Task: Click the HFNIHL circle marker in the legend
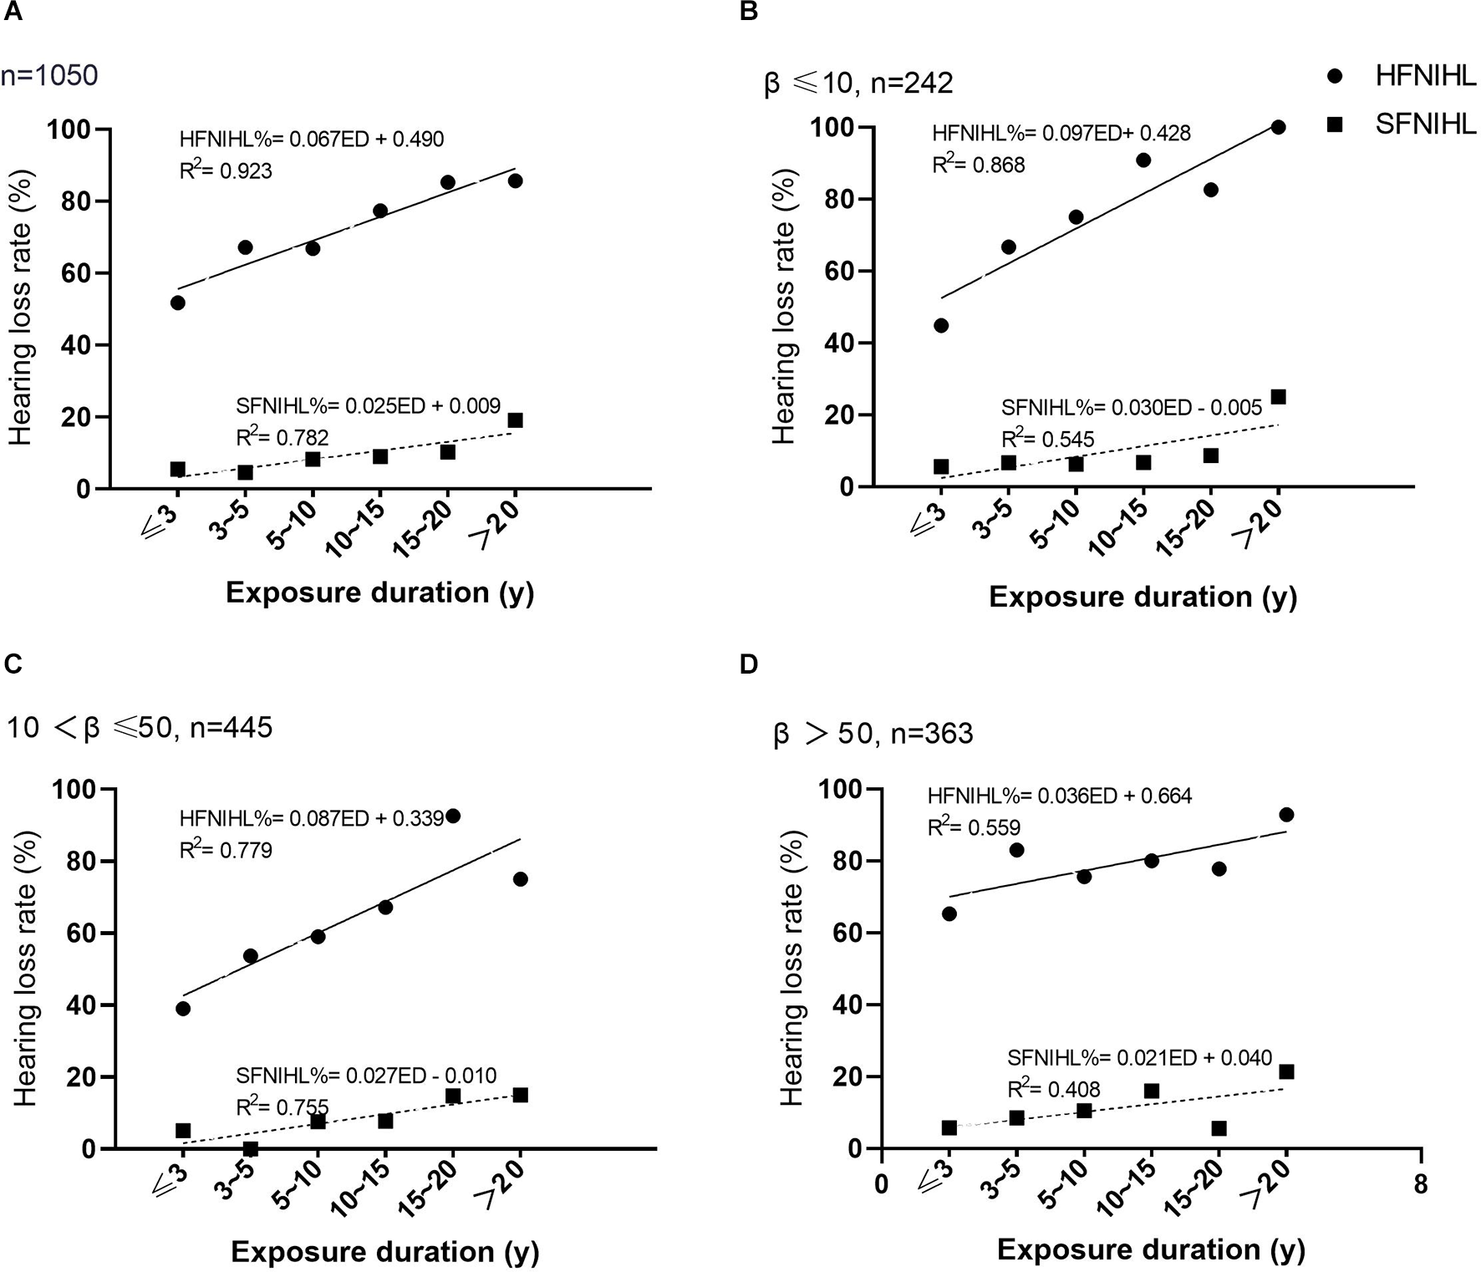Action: pyautogui.click(x=1335, y=77)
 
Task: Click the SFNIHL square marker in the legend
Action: pyautogui.click(x=1335, y=125)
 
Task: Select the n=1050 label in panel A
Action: pyautogui.click(x=50, y=76)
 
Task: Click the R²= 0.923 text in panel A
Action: pyautogui.click(x=226, y=170)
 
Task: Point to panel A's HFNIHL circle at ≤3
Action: pyautogui.click(x=177, y=303)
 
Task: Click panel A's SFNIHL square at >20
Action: pyautogui.click(x=515, y=420)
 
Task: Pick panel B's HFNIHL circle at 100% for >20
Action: pyautogui.click(x=1278, y=127)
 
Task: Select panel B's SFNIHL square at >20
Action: pyautogui.click(x=1278, y=397)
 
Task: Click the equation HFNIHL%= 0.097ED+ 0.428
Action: pyautogui.click(x=1061, y=133)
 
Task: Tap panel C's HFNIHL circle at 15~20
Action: pyautogui.click(x=453, y=816)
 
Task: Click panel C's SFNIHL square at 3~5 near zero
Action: pyautogui.click(x=250, y=1149)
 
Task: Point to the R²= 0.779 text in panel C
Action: pyautogui.click(x=226, y=850)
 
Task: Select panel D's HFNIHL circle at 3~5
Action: pyautogui.click(x=1016, y=850)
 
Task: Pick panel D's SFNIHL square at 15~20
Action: pyautogui.click(x=1219, y=1128)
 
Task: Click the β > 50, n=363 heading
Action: pyautogui.click(x=873, y=734)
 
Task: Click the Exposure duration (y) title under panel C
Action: pyautogui.click(x=384, y=1252)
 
